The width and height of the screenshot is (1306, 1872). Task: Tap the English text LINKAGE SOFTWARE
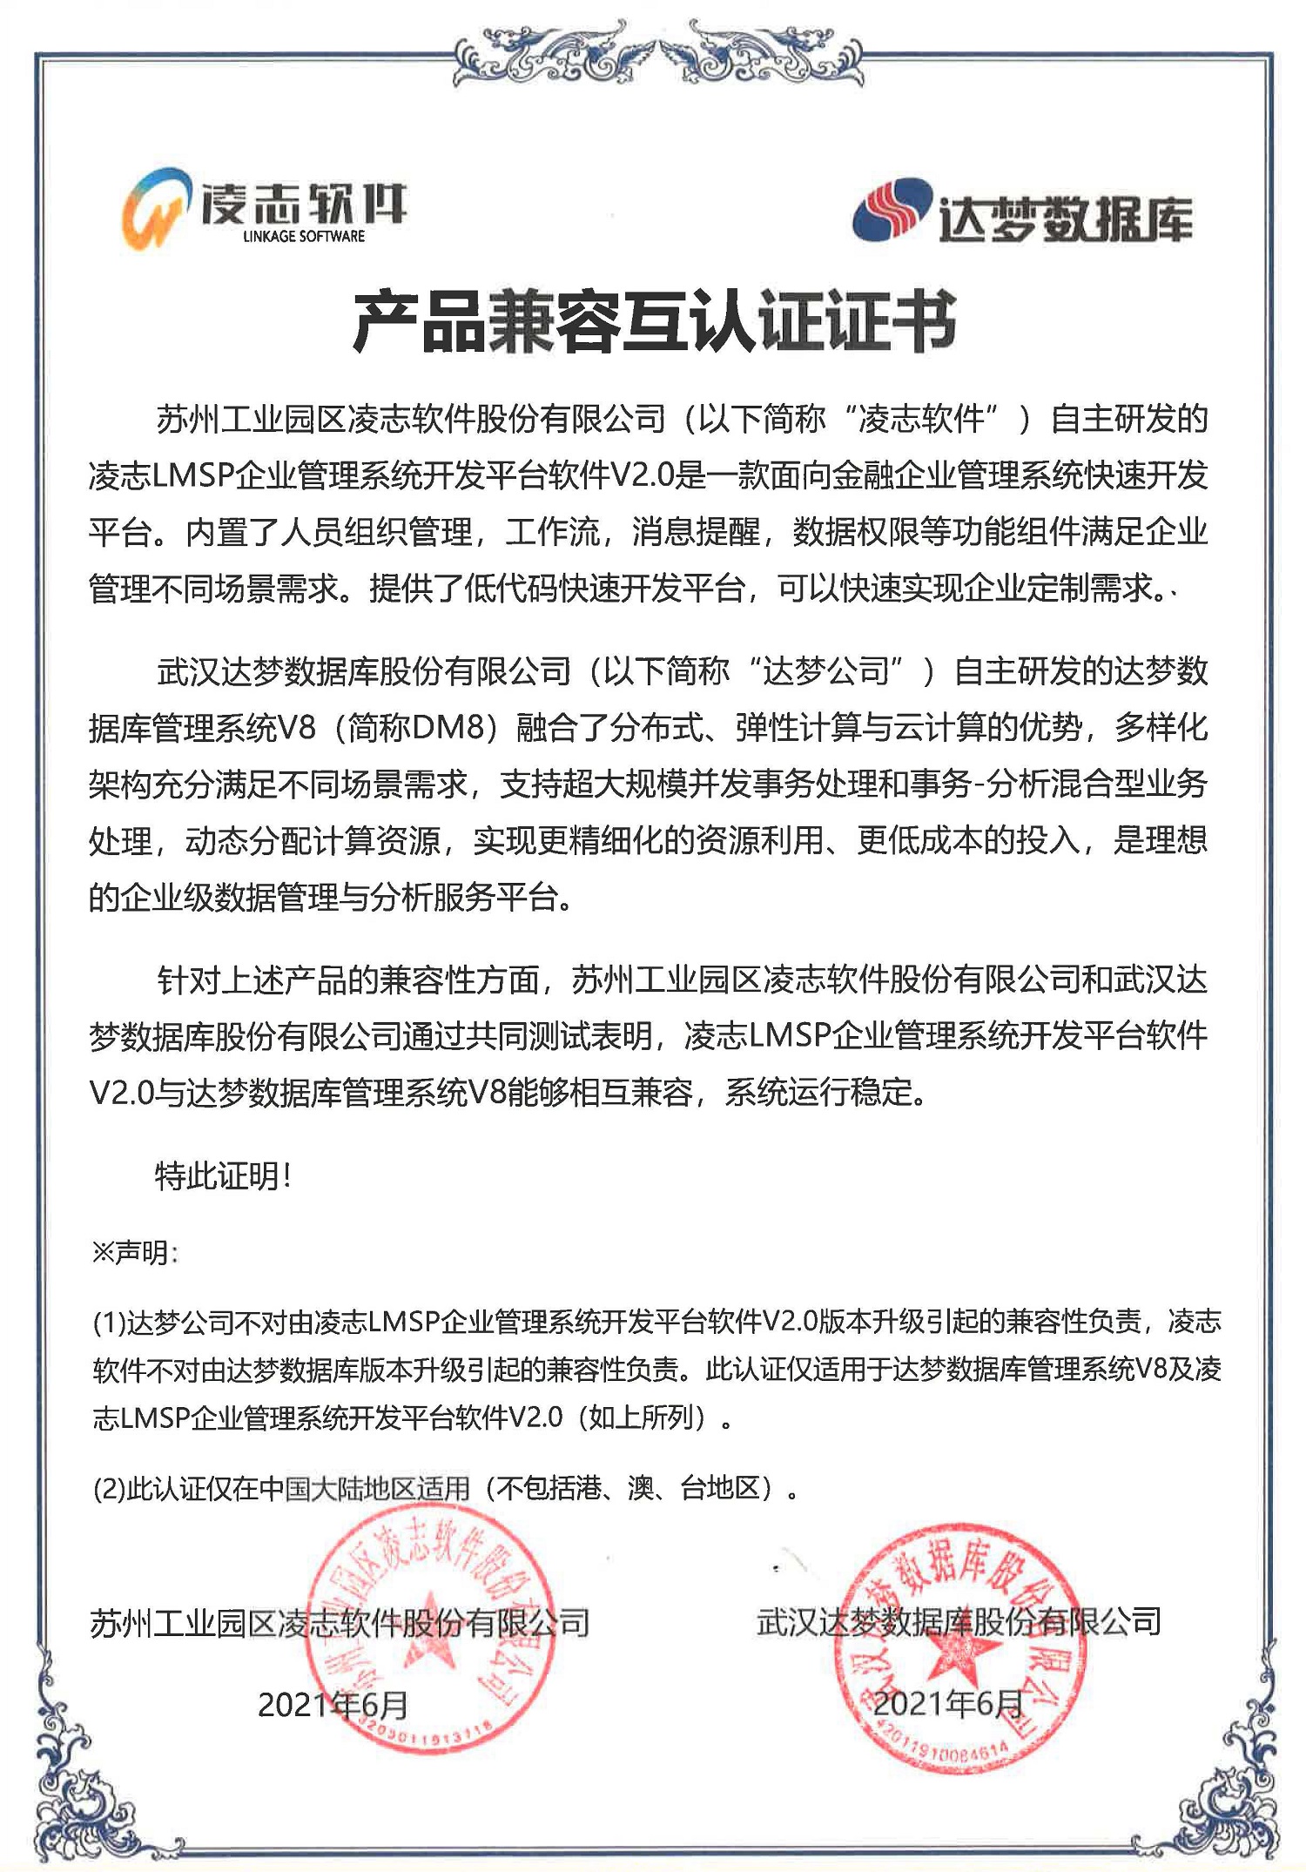(304, 237)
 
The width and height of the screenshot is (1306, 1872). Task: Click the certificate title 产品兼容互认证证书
(654, 323)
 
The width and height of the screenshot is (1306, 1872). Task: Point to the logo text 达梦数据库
(1064, 218)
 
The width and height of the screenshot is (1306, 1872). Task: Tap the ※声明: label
(135, 1253)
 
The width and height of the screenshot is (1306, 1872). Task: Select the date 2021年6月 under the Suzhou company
(333, 1704)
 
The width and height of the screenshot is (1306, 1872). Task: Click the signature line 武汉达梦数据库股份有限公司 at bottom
(959, 1621)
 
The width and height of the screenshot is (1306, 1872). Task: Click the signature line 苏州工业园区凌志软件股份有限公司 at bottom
(340, 1623)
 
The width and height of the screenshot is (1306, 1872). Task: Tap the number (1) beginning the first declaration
(109, 1323)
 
